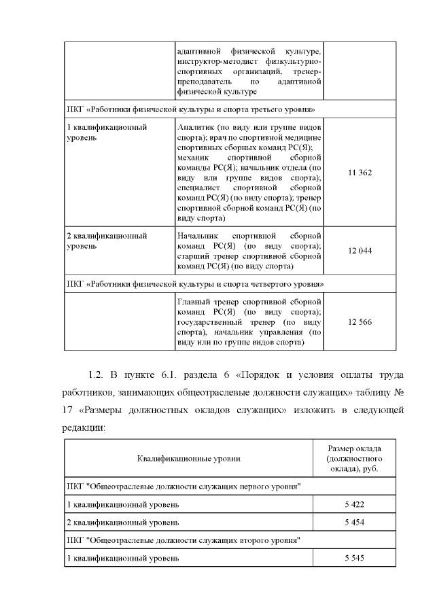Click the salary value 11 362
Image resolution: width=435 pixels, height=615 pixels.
coord(360,173)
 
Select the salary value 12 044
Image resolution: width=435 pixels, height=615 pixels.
coord(360,251)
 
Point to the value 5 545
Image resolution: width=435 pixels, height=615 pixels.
coord(354,558)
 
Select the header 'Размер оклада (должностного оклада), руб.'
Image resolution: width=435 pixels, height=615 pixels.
coord(354,459)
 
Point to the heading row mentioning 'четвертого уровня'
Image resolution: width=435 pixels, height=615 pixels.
coord(195,283)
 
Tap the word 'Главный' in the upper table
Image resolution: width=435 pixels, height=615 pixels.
coord(193,300)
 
